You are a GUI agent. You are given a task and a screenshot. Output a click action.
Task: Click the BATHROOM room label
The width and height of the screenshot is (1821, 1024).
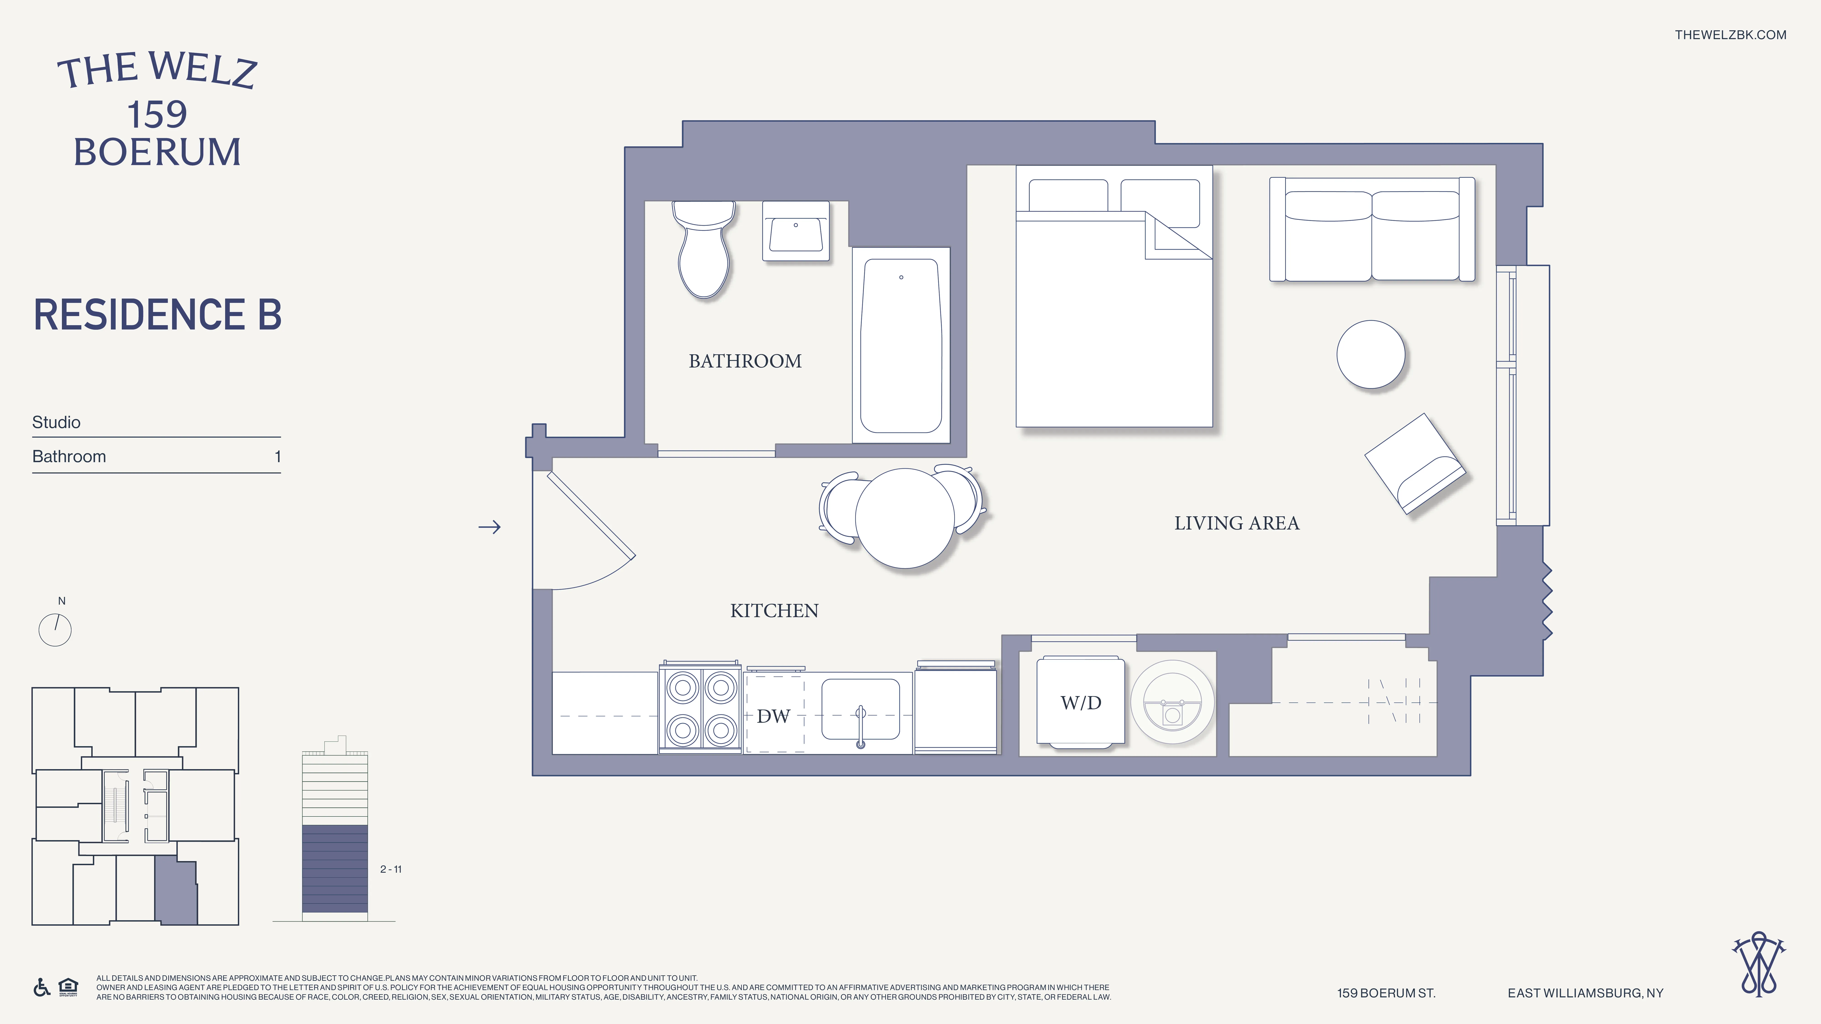tap(745, 361)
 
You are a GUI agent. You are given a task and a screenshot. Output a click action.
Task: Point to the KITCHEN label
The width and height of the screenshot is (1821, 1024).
tap(774, 611)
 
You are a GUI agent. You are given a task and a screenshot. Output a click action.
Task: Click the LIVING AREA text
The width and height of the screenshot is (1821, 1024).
tap(1236, 523)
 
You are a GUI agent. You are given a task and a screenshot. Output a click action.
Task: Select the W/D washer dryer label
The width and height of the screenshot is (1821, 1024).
tap(1080, 702)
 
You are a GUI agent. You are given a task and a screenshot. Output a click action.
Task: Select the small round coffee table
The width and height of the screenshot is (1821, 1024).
tap(1370, 354)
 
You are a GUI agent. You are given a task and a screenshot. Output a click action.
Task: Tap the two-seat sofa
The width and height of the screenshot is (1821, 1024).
tap(1371, 230)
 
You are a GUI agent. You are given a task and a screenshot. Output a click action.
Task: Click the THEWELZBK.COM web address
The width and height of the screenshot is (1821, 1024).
tap(1730, 35)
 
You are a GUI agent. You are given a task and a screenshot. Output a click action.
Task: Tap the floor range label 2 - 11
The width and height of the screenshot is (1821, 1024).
tap(390, 869)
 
